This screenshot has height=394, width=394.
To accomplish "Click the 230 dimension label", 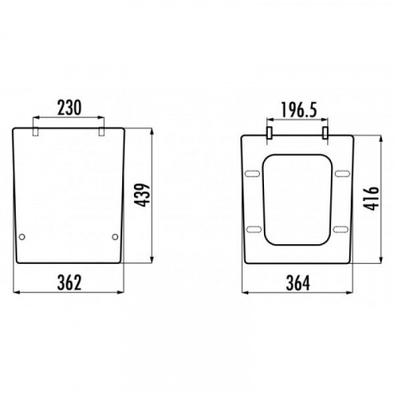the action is tap(69, 108).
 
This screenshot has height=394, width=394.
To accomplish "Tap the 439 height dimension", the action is tap(142, 195).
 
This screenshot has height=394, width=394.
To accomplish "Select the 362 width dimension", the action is tap(69, 283).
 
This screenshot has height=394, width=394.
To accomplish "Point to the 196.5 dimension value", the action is tap(299, 110).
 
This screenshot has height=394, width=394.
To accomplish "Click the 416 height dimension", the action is tap(371, 199).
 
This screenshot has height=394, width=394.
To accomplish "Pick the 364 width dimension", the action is tap(298, 283).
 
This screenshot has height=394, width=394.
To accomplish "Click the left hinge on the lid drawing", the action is tap(35, 132).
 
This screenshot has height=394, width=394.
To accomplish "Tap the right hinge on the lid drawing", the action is tap(102, 132).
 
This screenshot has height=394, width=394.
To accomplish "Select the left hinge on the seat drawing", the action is tap(269, 132).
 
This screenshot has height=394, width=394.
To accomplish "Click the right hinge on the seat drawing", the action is tap(325, 132).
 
